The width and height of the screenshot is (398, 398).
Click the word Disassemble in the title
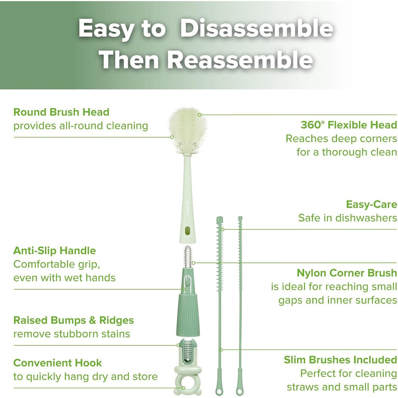[257, 29]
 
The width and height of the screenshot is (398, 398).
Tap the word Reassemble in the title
[240, 60]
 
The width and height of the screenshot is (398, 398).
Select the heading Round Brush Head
[61, 112]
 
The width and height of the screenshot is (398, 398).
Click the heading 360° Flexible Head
[349, 125]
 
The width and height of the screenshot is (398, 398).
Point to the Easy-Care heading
[371, 205]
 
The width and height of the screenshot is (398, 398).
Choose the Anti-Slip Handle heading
[54, 251]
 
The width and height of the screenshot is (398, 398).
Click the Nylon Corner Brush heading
[347, 273]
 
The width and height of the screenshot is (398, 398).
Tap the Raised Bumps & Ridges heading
[73, 320]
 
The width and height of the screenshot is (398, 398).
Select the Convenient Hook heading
[57, 363]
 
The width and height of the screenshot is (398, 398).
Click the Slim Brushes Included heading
[340, 360]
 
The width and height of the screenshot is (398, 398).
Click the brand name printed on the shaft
[188, 206]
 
